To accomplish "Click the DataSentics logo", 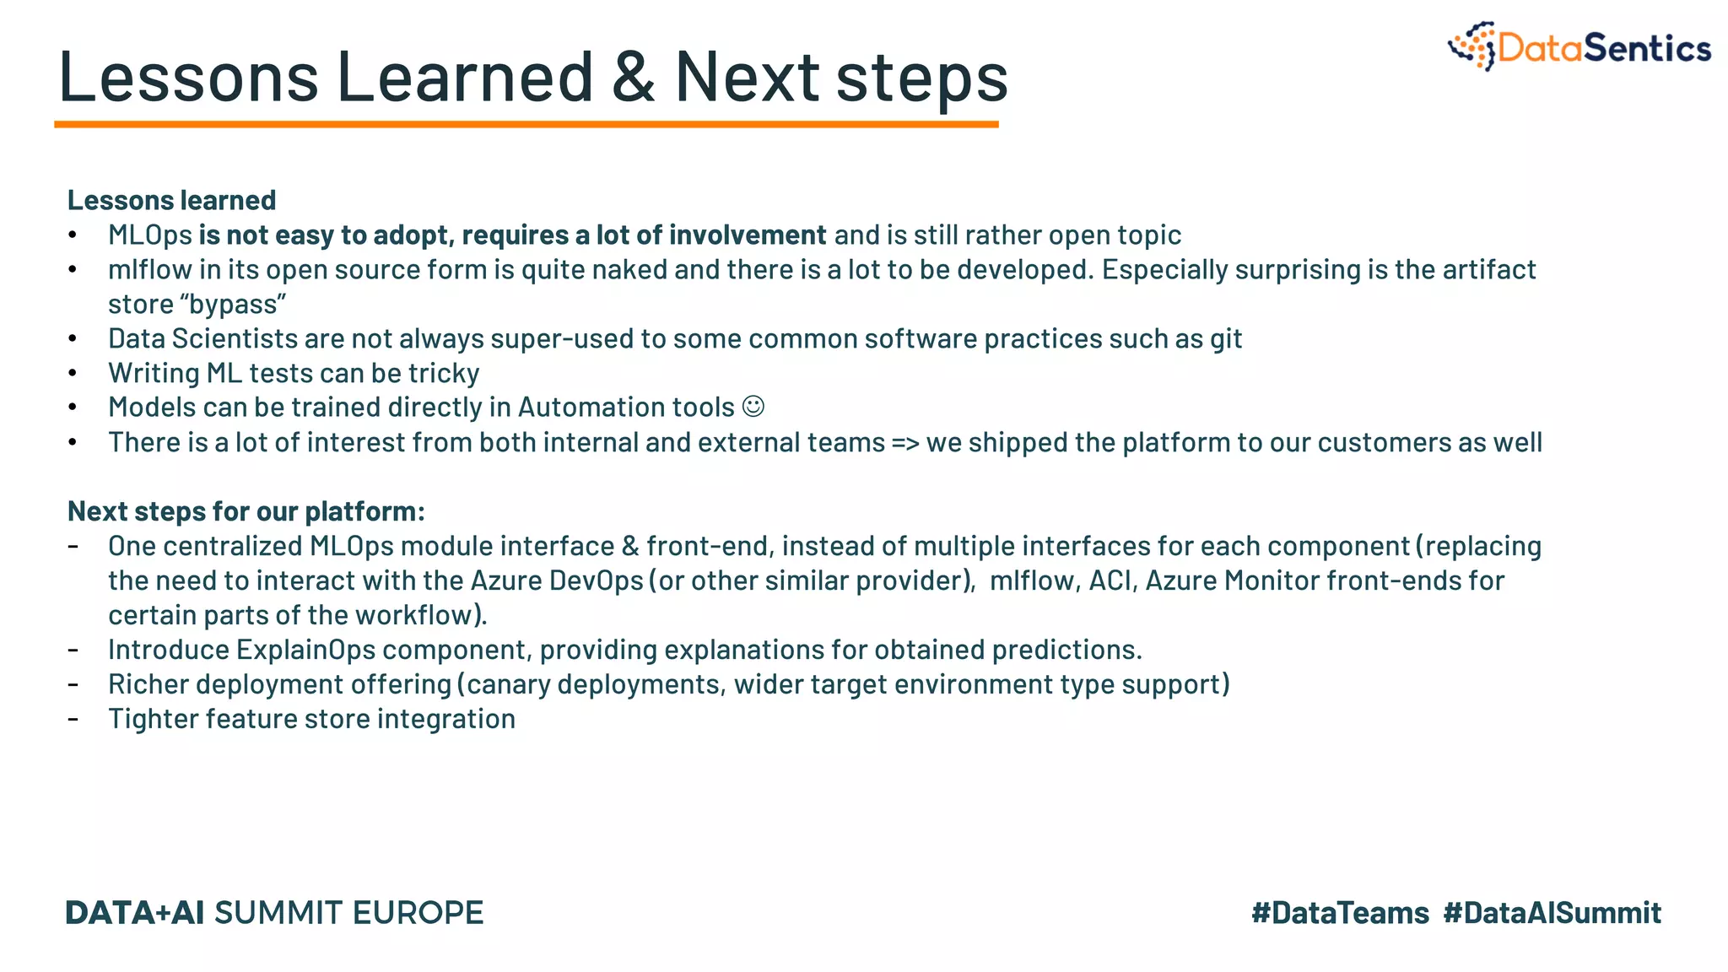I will (1579, 47).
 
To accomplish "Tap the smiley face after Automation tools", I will (753, 407).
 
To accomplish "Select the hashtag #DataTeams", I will (1340, 913).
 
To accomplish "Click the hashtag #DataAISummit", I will (1552, 913).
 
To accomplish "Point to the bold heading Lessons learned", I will (171, 200).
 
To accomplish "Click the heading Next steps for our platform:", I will (246, 511).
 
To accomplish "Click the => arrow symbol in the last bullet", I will (905, 442).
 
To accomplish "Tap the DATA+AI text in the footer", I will (134, 913).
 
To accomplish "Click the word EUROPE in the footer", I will (418, 913).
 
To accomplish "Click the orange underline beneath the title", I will (526, 125).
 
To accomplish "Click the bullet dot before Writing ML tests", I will (73, 373).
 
